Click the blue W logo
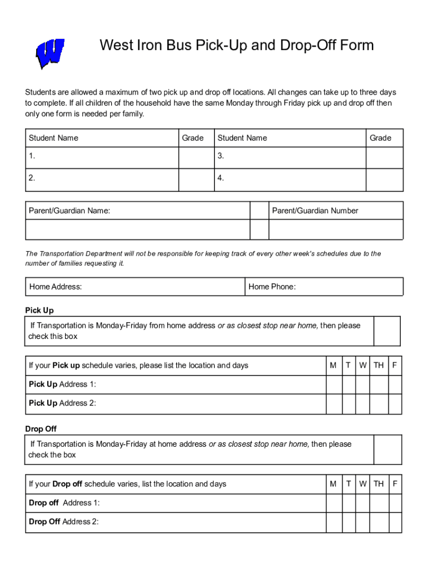(x=50, y=53)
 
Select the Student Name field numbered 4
(x=290, y=179)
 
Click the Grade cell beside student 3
(x=384, y=157)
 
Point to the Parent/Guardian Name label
(x=69, y=211)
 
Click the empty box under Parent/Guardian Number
(x=336, y=229)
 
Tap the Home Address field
(x=135, y=287)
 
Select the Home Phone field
(x=324, y=287)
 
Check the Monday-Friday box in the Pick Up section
(x=386, y=331)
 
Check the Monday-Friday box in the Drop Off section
(x=386, y=450)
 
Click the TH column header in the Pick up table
(x=379, y=366)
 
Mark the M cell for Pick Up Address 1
(x=334, y=385)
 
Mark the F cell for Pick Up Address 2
(x=395, y=404)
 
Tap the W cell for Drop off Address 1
(x=362, y=503)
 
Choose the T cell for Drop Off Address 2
(x=349, y=522)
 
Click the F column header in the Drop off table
(x=395, y=484)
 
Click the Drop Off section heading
(x=41, y=429)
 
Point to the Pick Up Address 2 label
(x=62, y=403)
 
